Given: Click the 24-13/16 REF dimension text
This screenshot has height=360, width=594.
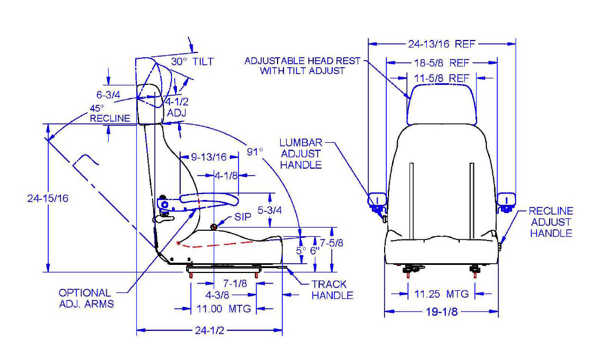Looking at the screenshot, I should [441, 44].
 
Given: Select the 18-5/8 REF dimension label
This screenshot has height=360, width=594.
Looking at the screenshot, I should [441, 63].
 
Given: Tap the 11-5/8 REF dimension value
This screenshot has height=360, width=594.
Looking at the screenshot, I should [441, 78].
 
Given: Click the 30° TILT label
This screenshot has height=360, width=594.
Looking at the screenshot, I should [192, 62].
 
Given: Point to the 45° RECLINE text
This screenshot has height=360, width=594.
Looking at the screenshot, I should [110, 113].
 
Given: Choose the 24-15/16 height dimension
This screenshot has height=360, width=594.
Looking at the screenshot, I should [48, 198].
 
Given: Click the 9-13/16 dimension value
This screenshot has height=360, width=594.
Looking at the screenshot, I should [209, 157].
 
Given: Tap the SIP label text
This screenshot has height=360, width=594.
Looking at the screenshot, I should [243, 217].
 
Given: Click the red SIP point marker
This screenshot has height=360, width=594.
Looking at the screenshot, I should [214, 226].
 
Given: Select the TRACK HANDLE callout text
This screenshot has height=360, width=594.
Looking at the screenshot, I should [332, 290].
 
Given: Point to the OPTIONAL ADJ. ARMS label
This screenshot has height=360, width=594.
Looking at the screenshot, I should [86, 298].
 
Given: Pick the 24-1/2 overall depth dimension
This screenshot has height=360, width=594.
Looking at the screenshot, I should [209, 331].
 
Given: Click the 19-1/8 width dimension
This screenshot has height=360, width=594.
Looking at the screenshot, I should [441, 312].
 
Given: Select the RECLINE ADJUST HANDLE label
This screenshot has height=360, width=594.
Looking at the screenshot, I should [551, 222].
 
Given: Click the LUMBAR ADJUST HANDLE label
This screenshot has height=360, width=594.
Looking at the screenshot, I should [301, 154].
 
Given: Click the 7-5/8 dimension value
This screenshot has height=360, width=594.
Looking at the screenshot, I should [332, 243].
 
